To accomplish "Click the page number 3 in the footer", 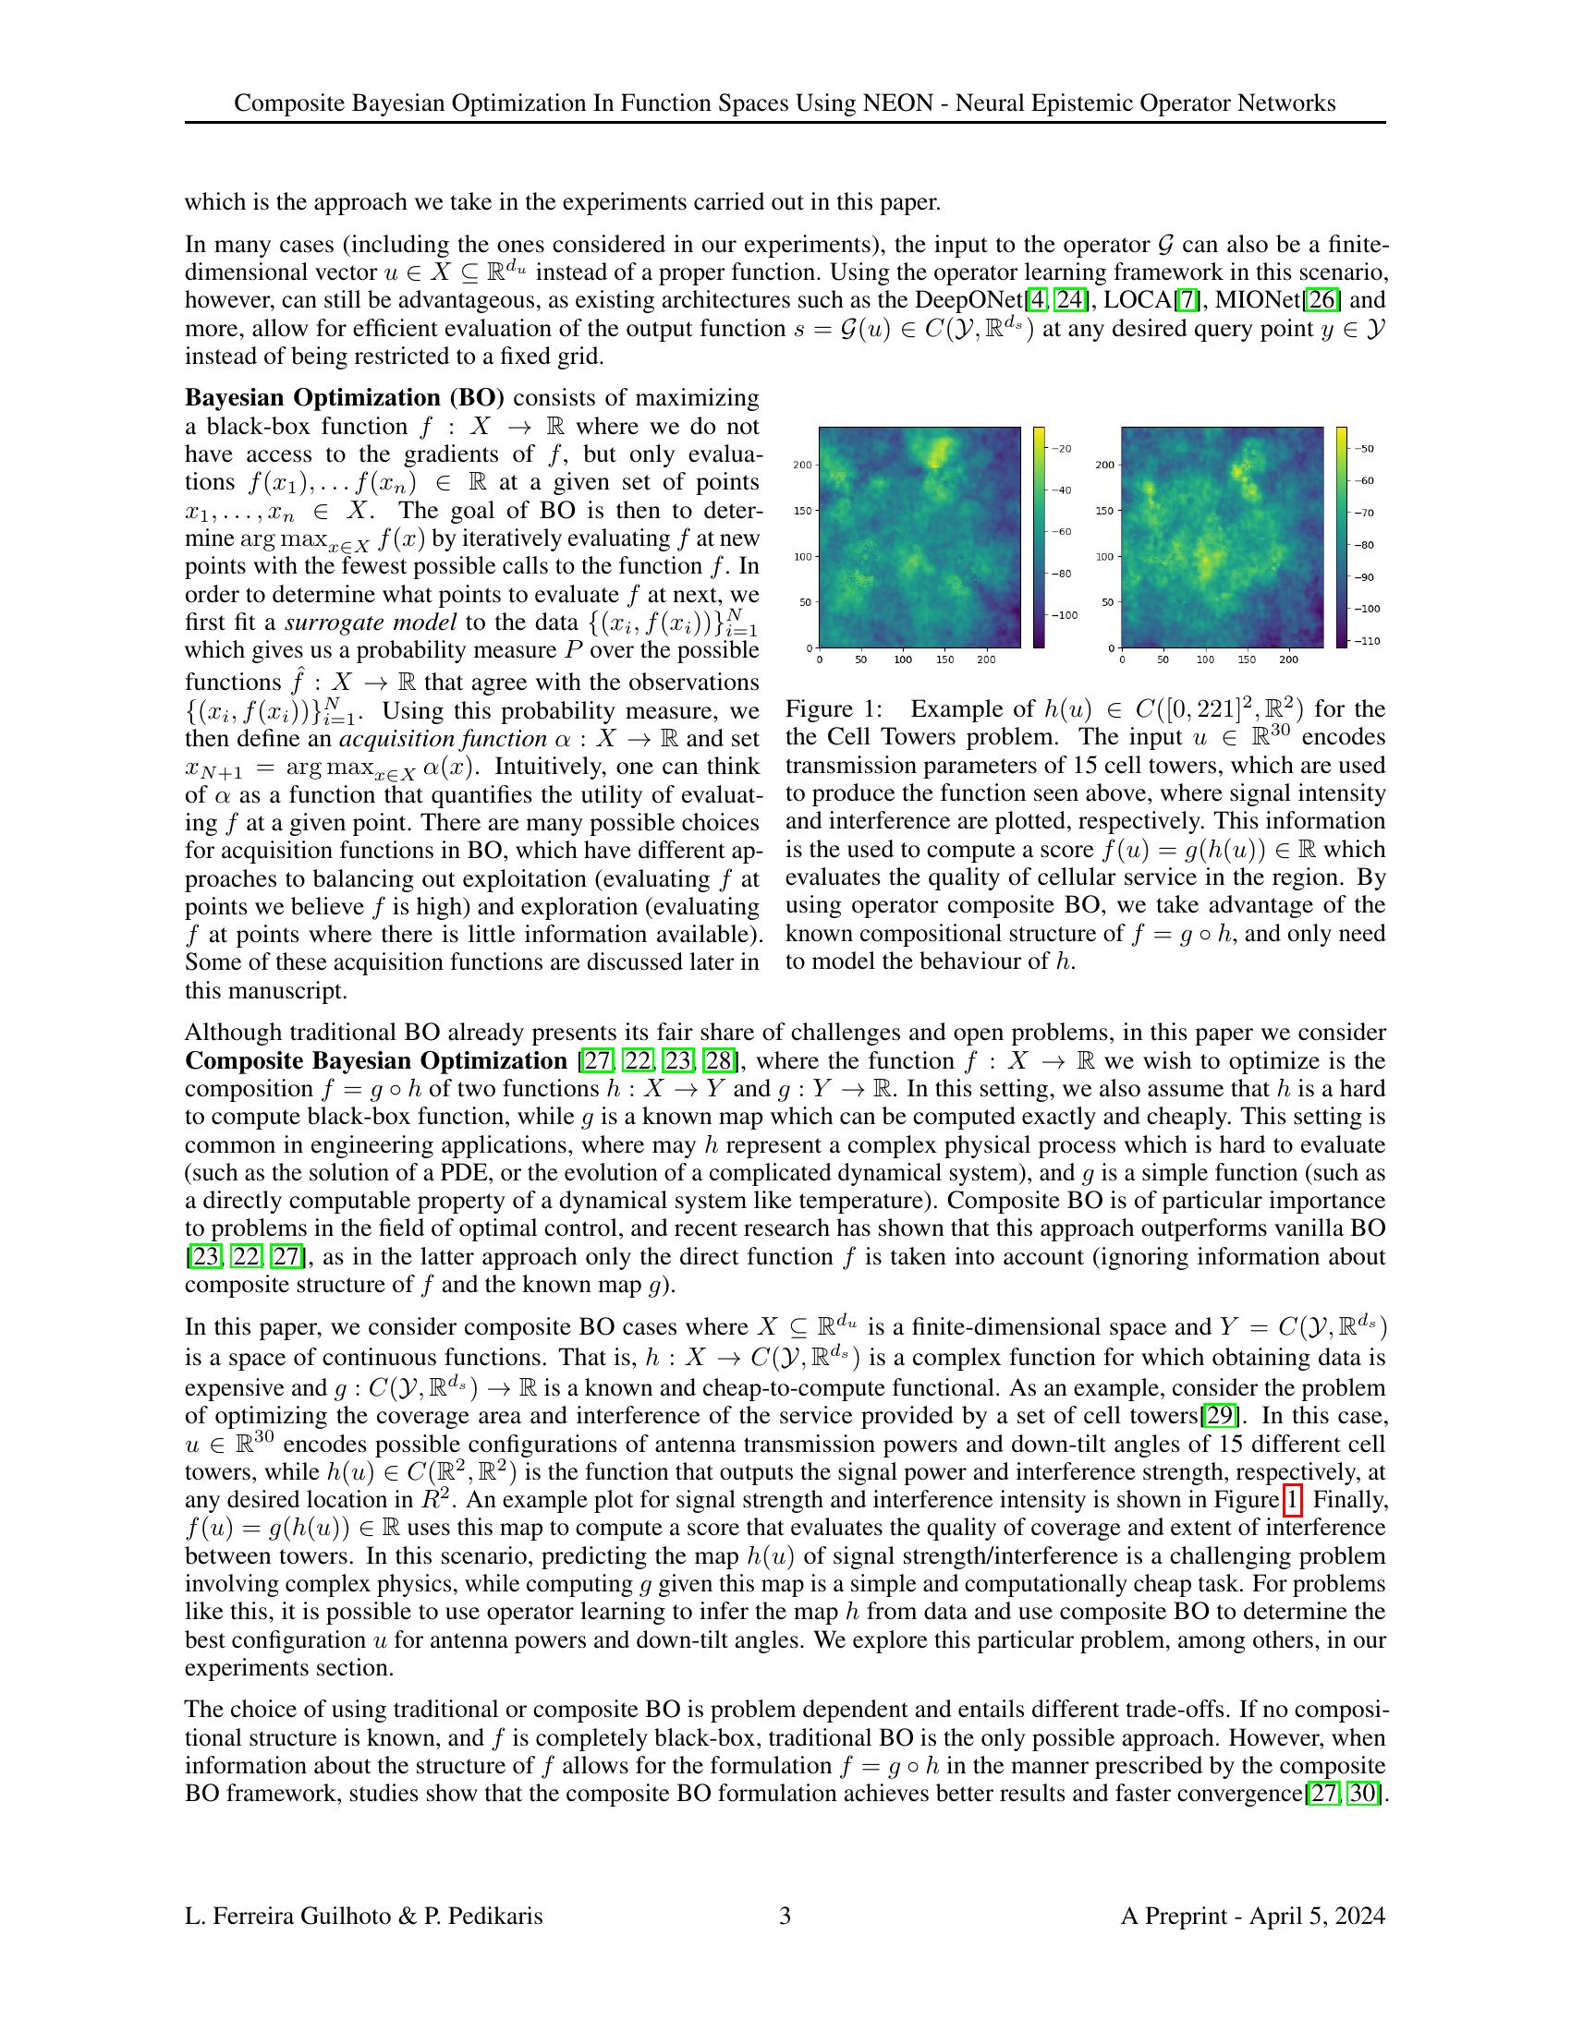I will pos(785,1916).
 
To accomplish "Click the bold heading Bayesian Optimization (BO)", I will pos(345,398).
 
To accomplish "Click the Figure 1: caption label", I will pos(834,709).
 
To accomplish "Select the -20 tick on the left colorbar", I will pos(1062,449).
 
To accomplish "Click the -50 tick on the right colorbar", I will pos(1364,449).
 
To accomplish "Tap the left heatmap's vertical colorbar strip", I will pos(1039,537).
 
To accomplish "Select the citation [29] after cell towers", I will pos(1220,1416).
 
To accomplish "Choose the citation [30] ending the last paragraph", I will pos(1363,1794).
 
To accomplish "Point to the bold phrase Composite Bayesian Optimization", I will pos(375,1060).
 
